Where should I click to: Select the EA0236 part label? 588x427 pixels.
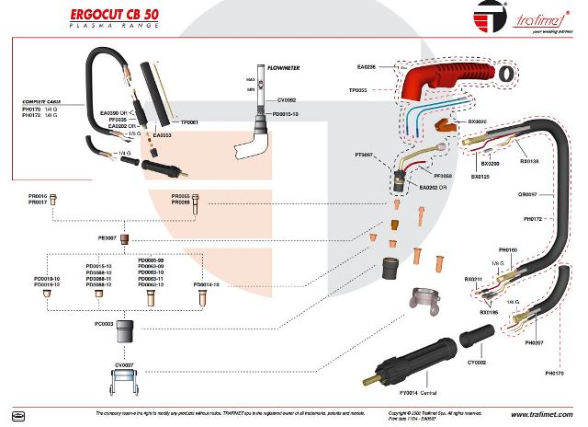pyautogui.click(x=366, y=66)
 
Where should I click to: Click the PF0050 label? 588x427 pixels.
pyautogui.click(x=443, y=175)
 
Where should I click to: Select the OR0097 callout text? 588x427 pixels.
pyautogui.click(x=528, y=195)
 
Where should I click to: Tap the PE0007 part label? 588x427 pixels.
pyautogui.click(x=107, y=237)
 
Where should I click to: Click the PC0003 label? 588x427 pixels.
pyautogui.click(x=104, y=324)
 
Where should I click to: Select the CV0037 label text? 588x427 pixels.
pyautogui.click(x=125, y=365)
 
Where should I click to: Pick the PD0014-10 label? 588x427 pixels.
pyautogui.click(x=208, y=285)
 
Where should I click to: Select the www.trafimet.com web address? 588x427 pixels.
pyautogui.click(x=539, y=413)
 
